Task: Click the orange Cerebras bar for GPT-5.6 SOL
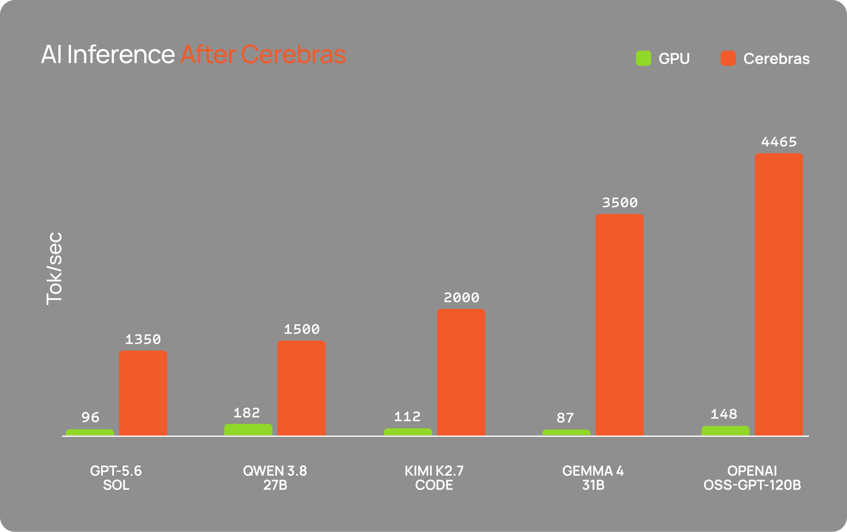click(x=143, y=393)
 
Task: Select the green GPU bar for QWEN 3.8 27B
click(x=248, y=430)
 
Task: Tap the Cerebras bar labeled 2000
click(x=461, y=372)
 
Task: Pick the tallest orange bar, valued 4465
click(x=779, y=295)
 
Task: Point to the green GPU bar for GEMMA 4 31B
click(x=566, y=432)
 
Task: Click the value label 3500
click(x=620, y=203)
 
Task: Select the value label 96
click(x=90, y=417)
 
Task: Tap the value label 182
click(x=247, y=413)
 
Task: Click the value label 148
click(x=724, y=414)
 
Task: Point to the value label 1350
click(x=143, y=340)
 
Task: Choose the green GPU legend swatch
click(x=643, y=58)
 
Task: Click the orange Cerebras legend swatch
click(x=728, y=58)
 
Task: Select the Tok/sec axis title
click(x=55, y=268)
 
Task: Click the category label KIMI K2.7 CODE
click(x=434, y=478)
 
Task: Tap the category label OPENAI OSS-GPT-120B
click(x=752, y=478)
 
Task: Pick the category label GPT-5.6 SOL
click(x=116, y=478)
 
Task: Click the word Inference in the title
click(x=121, y=55)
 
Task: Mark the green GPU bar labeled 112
click(x=408, y=432)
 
